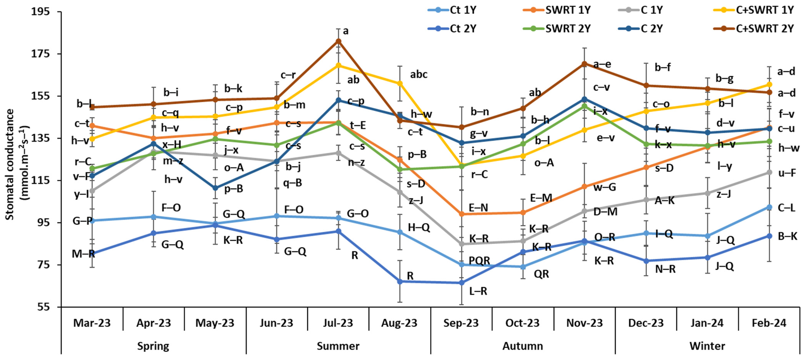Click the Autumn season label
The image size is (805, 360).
[523, 346]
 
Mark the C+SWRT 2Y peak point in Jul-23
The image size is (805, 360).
[338, 41]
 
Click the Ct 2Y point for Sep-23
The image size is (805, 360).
[461, 283]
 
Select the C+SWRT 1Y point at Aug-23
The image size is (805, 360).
[400, 83]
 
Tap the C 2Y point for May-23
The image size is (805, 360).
[215, 188]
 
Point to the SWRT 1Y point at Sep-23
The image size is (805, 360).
[461, 214]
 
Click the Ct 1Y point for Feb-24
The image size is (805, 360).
[769, 207]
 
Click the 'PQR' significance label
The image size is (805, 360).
[479, 260]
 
